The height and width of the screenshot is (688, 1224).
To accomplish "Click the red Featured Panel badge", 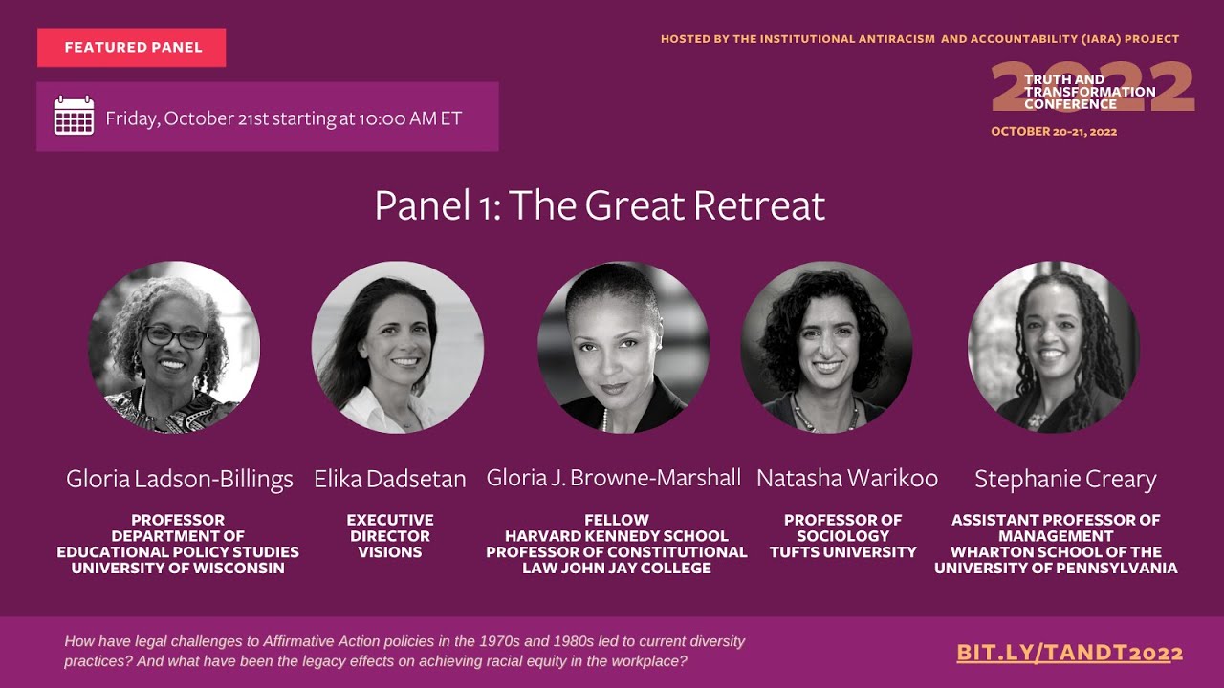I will [x=132, y=48].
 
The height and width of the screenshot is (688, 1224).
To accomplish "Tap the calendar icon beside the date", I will [x=74, y=117].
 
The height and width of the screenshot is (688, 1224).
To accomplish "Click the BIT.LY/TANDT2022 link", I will [x=1069, y=654].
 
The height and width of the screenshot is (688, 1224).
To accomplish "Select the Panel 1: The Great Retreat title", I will [x=600, y=205].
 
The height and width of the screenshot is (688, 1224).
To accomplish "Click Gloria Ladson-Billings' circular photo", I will [x=174, y=347].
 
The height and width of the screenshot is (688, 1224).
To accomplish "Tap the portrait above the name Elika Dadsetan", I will [x=397, y=347].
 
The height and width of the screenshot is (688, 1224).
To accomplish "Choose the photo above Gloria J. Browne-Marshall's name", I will [x=623, y=347].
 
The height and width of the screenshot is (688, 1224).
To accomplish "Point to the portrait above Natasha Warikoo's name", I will [x=826, y=347].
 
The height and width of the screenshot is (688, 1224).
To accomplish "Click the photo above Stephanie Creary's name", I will [x=1054, y=347].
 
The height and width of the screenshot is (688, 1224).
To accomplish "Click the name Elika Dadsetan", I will [x=390, y=479].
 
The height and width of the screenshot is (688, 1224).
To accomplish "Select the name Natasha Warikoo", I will [x=846, y=478].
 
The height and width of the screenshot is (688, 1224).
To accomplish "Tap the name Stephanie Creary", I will [x=1065, y=479].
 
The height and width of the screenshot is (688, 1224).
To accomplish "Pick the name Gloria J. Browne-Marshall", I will [x=614, y=478].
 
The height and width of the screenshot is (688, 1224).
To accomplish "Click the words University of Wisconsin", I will [x=178, y=569].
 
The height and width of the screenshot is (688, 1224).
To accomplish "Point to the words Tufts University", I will [x=843, y=552].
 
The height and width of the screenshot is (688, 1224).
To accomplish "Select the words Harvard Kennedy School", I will [x=617, y=536].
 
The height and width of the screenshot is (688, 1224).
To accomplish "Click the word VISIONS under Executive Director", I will [x=390, y=552].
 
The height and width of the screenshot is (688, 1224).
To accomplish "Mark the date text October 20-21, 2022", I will [x=1054, y=132].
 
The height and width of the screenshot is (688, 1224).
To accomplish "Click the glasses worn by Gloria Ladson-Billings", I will [x=176, y=336].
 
